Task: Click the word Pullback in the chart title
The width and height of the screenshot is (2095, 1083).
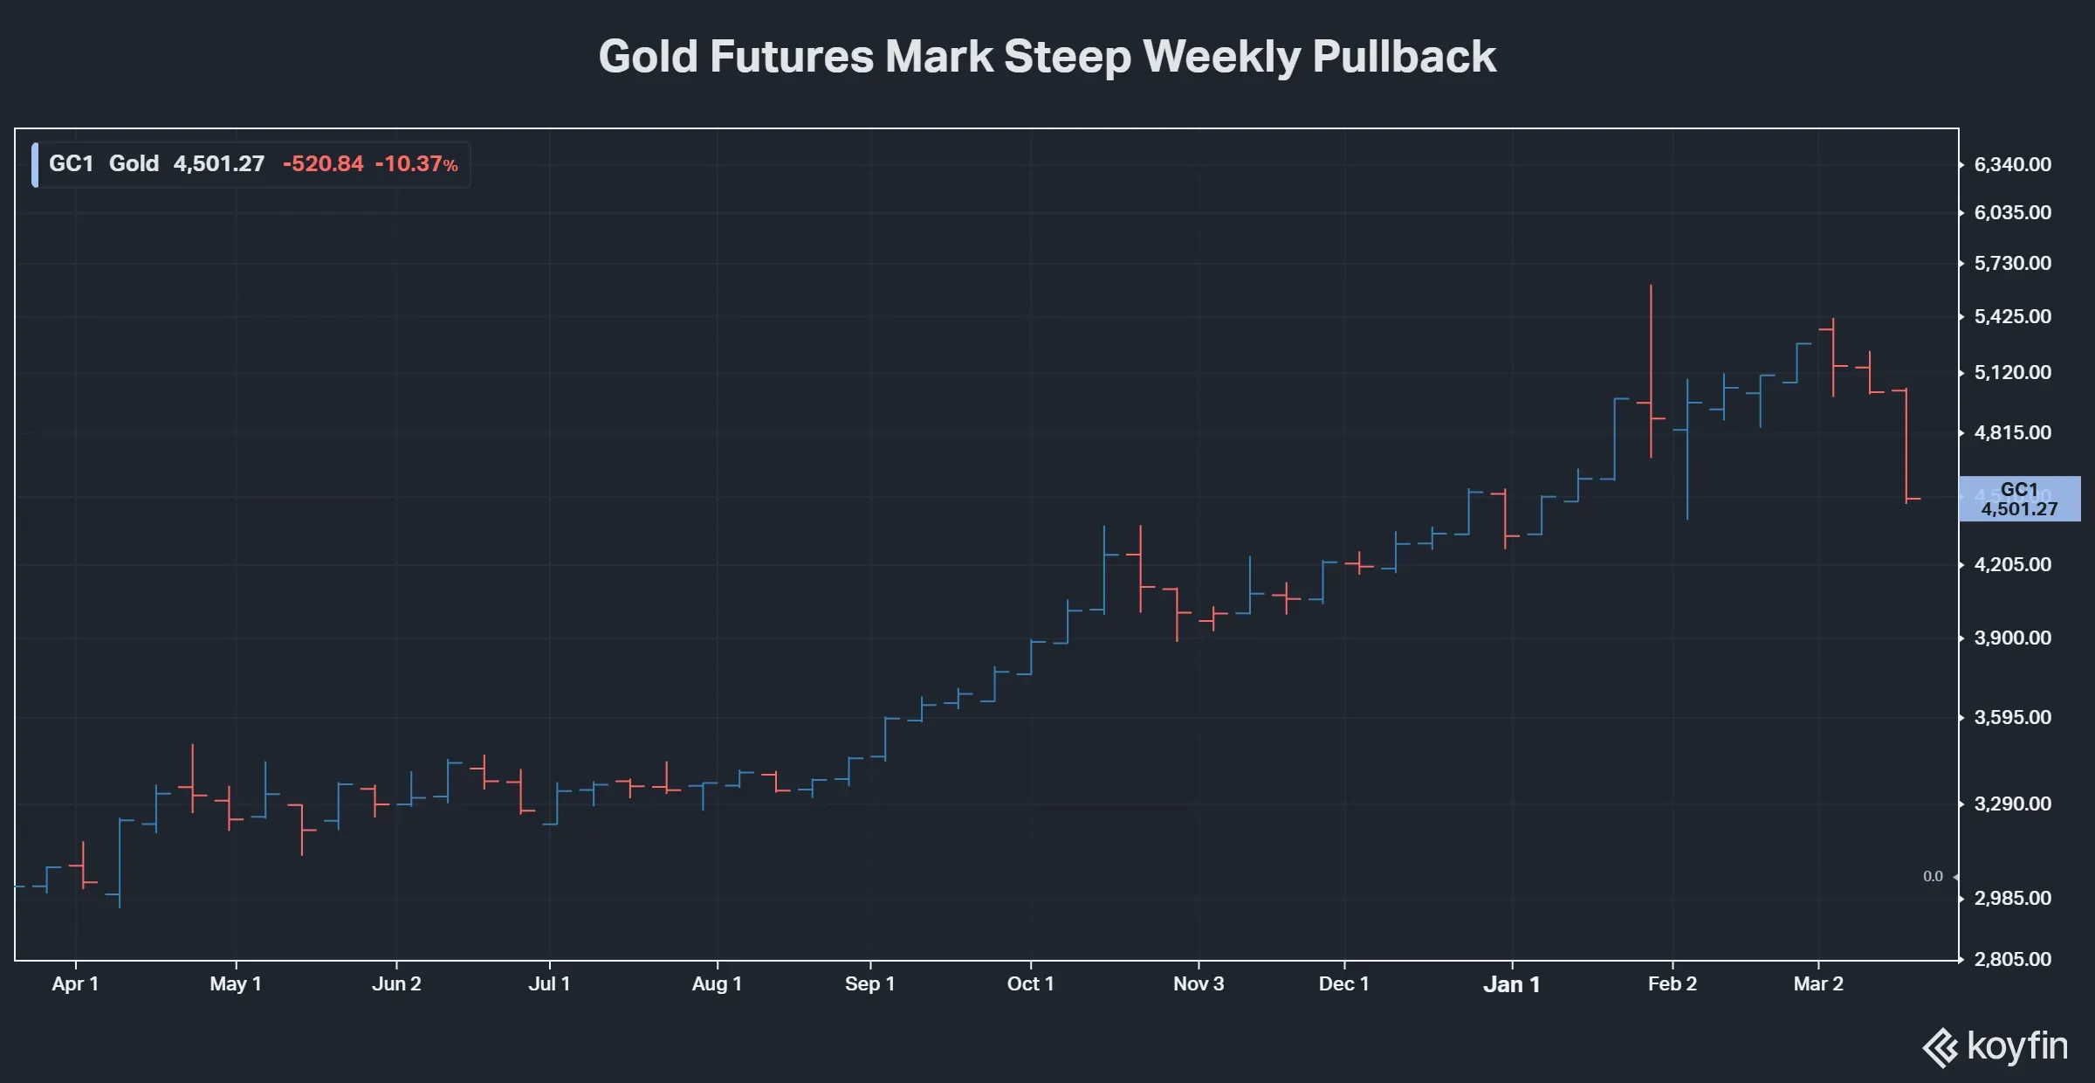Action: [1404, 57]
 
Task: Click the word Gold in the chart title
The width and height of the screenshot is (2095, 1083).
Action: [648, 57]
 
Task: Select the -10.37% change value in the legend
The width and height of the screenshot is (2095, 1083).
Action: [416, 164]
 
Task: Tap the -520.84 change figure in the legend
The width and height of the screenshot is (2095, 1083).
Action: [323, 164]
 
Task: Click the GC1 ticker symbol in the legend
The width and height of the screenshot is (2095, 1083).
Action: [71, 164]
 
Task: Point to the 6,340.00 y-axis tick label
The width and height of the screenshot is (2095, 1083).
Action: [2012, 165]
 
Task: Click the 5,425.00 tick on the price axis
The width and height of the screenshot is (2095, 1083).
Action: [2012, 316]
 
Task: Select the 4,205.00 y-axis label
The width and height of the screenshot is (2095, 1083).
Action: [2012, 565]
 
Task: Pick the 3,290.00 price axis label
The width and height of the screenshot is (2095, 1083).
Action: [2012, 804]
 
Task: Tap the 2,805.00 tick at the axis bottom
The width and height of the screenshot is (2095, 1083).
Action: [2012, 960]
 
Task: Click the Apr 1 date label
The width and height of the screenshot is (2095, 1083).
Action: [75, 984]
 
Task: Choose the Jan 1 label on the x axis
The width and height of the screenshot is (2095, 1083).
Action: [1511, 985]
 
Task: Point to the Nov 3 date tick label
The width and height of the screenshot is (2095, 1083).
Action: [1198, 984]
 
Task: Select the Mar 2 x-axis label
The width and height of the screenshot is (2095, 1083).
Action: [1817, 984]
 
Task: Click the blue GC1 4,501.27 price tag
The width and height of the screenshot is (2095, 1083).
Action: [2019, 500]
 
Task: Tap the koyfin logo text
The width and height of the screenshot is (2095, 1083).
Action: [2016, 1046]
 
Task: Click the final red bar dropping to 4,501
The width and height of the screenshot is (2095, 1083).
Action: [1906, 445]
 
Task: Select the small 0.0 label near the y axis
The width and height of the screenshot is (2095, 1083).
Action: [1933, 877]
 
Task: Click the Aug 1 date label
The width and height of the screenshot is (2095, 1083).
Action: [717, 984]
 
